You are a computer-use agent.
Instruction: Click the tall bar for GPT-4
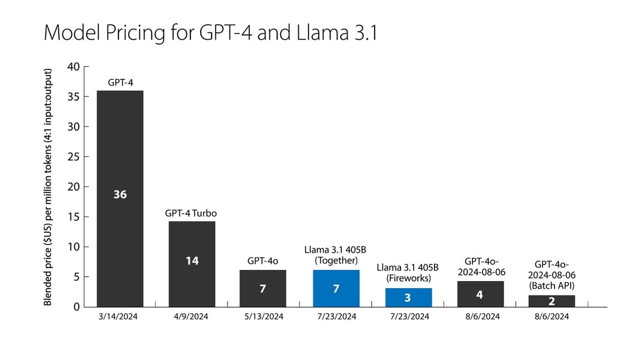(120, 159)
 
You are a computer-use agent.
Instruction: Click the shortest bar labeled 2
(552, 301)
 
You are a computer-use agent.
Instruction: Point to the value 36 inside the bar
(120, 194)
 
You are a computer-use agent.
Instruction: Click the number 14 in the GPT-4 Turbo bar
(192, 261)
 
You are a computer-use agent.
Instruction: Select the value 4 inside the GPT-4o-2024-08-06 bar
(480, 294)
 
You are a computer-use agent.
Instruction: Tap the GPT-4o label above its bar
(263, 261)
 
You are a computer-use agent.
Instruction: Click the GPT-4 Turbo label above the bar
(192, 213)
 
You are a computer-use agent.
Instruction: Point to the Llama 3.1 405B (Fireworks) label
(408, 273)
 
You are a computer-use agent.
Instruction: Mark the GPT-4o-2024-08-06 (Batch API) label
(552, 275)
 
